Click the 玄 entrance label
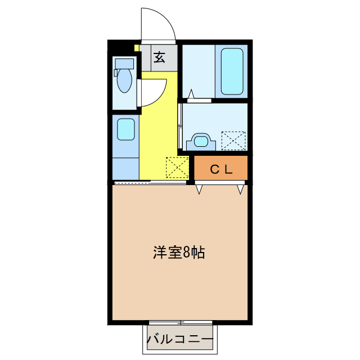(160, 57)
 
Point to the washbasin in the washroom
(200, 140)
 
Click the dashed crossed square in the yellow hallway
(176, 166)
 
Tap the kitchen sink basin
(125, 130)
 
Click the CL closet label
(221, 169)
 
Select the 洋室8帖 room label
(179, 253)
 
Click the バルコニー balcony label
(180, 340)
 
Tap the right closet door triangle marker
(241, 189)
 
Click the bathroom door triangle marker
(191, 94)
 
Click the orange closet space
(221, 168)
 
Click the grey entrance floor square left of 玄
(146, 57)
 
